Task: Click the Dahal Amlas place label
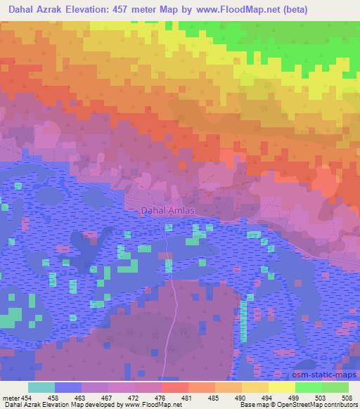(x=167, y=210)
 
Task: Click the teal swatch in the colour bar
(x=41, y=387)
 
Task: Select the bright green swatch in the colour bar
(x=309, y=387)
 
